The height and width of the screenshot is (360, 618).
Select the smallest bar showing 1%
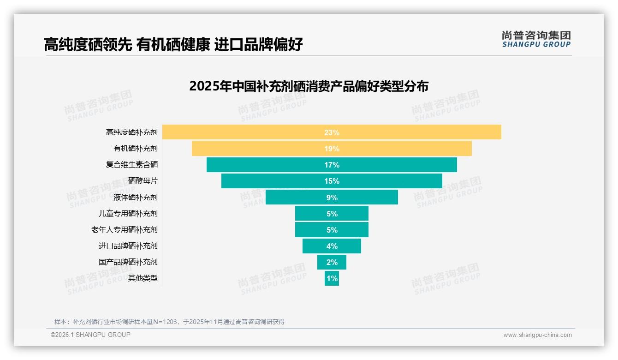332,278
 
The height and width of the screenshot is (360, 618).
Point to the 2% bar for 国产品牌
332,262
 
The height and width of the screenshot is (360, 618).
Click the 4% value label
332,246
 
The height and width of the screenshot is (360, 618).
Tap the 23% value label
332,132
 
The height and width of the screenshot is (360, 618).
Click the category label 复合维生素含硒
132,165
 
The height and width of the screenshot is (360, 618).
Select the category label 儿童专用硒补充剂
128,213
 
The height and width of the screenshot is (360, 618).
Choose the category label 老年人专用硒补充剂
125,229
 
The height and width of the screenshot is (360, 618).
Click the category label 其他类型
143,278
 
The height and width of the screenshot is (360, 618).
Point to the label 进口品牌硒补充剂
128,246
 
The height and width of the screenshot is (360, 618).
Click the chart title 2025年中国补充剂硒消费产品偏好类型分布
309,86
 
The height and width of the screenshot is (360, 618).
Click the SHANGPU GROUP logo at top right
536,39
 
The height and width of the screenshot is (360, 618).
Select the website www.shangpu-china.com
537,335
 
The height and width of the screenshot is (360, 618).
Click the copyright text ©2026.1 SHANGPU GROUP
90,335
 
